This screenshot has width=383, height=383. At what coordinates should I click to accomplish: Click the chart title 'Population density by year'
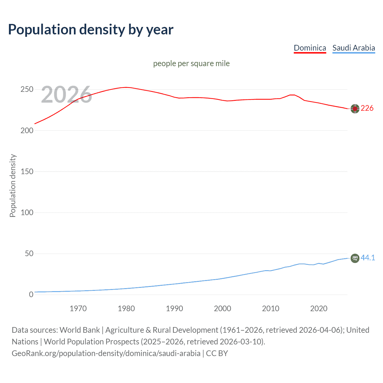(91, 30)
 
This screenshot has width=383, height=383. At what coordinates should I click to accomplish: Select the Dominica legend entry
(310, 48)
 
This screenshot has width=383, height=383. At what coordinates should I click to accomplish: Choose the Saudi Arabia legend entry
(354, 48)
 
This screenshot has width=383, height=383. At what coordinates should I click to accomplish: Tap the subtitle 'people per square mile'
(191, 63)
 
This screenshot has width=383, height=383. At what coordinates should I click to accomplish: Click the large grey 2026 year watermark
(66, 95)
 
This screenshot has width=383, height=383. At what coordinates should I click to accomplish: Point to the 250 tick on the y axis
(27, 89)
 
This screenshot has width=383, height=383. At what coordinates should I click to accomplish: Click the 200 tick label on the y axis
(27, 130)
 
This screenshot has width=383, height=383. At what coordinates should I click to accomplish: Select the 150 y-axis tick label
(27, 171)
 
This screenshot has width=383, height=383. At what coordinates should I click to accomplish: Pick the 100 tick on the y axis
(27, 212)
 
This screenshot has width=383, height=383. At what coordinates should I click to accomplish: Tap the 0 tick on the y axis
(31, 294)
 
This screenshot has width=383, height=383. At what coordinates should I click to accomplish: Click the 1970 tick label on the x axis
(78, 308)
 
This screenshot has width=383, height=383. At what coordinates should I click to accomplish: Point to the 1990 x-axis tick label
(174, 308)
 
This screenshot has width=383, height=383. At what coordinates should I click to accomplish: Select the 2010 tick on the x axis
(270, 308)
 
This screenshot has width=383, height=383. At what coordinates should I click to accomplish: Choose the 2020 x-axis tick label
(319, 308)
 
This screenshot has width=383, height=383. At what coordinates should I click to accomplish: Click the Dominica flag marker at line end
(355, 109)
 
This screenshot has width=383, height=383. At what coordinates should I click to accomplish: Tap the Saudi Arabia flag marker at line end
(355, 258)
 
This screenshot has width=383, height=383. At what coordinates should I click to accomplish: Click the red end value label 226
(367, 108)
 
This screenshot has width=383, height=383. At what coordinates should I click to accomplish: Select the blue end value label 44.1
(368, 258)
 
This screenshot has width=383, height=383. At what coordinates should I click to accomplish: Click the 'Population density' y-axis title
(13, 186)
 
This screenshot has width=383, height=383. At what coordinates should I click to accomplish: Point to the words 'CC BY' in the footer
(217, 353)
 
